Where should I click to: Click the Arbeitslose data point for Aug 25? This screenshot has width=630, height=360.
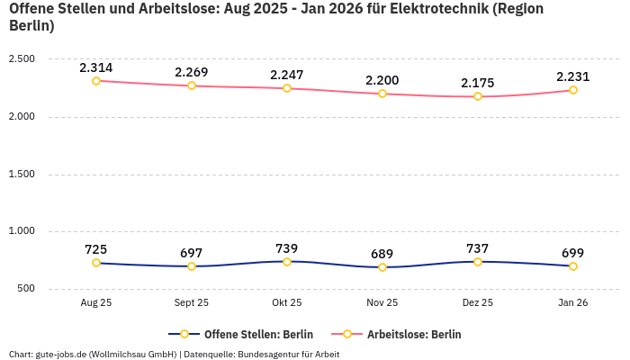(96, 81)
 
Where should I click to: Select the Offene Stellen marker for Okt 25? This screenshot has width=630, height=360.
(287, 262)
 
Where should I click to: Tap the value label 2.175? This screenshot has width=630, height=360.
(478, 83)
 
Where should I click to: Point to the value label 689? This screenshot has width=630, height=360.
(382, 254)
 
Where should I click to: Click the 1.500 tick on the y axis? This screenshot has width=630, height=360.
(21, 175)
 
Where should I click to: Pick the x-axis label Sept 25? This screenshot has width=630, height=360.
(192, 303)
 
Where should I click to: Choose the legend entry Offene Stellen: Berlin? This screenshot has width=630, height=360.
(240, 334)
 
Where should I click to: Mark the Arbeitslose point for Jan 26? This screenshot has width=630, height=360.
(573, 90)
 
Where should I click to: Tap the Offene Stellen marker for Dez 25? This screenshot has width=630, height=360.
(478, 262)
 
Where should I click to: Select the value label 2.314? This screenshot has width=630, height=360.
(96, 67)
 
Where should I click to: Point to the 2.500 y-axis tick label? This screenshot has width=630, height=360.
(21, 59)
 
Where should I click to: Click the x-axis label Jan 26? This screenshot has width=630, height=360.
(573, 303)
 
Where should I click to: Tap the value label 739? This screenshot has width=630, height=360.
(287, 248)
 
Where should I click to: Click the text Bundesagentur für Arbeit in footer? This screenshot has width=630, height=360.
(288, 354)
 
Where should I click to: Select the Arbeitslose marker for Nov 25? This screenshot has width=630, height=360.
(382, 94)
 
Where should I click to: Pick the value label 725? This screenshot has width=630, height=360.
(96, 249)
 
